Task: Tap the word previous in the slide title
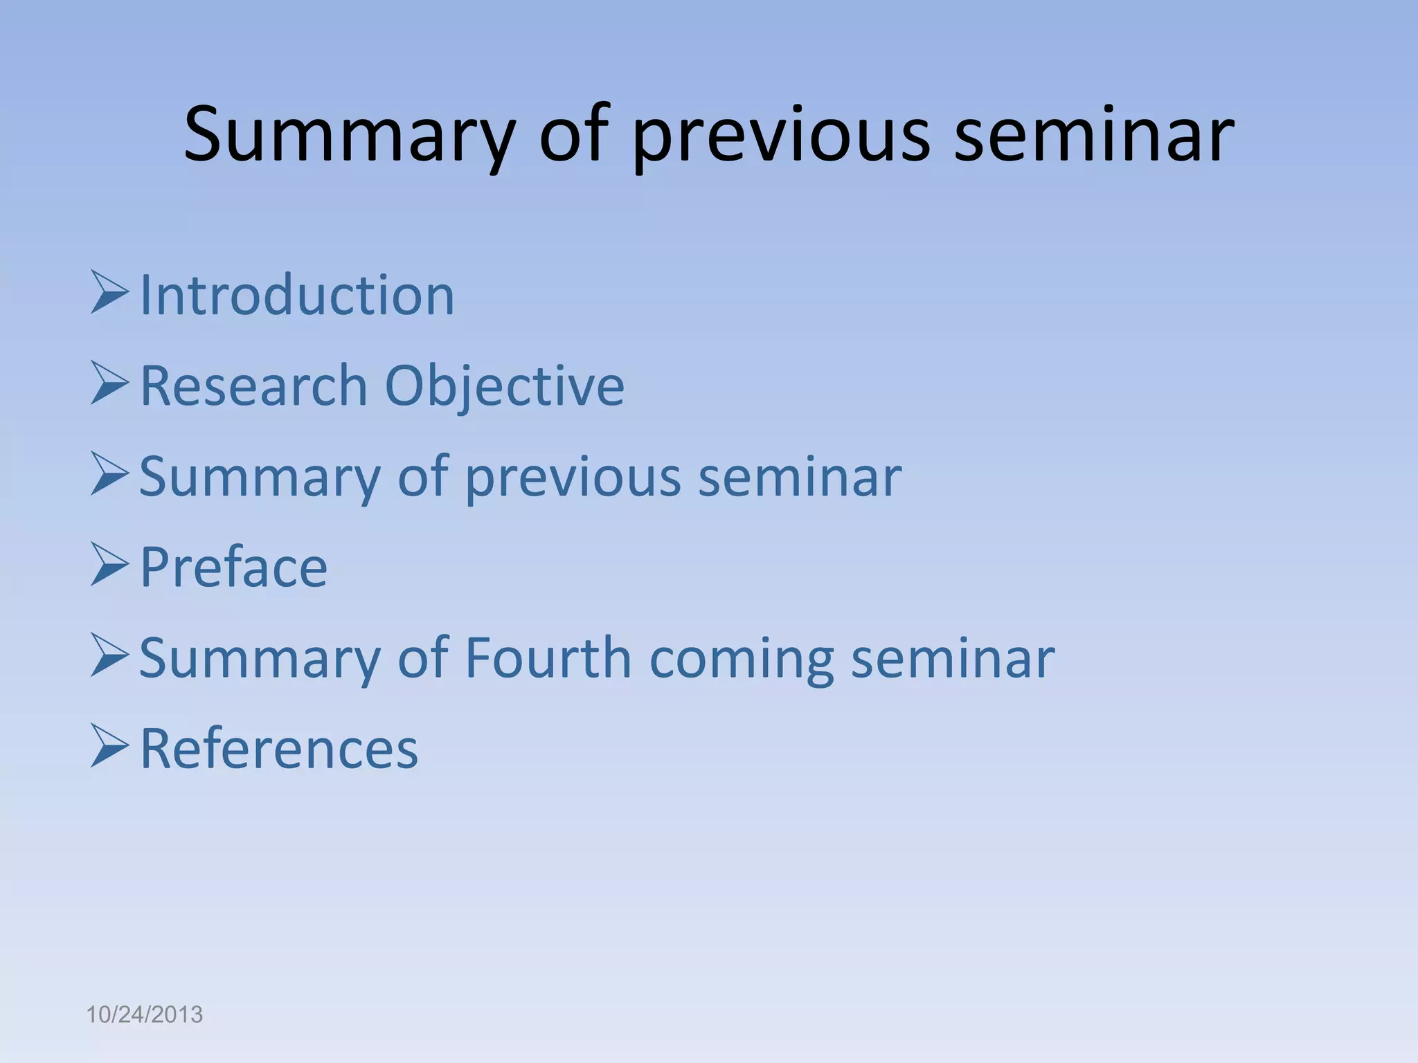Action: [x=781, y=135]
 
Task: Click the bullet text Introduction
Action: [x=297, y=296]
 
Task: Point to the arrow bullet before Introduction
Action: [x=109, y=293]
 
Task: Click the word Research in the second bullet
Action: [x=253, y=385]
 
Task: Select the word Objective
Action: [x=504, y=385]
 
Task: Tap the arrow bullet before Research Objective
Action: [x=109, y=385]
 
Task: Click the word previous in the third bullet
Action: [x=573, y=478]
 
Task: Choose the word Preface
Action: [x=233, y=567]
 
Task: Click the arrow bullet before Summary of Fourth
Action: [x=109, y=657]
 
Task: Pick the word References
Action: [x=279, y=749]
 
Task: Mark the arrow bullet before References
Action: [x=109, y=747]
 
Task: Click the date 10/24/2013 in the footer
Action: [x=144, y=1015]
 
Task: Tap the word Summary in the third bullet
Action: [x=260, y=478]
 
